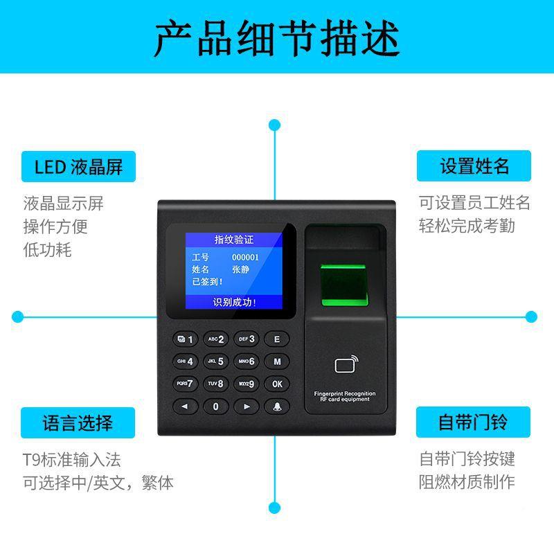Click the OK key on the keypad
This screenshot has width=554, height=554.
tap(277, 383)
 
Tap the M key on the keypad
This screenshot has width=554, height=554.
tap(277, 361)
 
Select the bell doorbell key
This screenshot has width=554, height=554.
tap(277, 406)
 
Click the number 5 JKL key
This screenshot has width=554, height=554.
tap(216, 361)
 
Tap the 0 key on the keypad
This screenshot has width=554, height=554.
tap(216, 406)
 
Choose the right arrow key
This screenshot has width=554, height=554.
tap(247, 406)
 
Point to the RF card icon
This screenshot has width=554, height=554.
tap(346, 364)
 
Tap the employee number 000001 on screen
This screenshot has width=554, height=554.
tap(244, 257)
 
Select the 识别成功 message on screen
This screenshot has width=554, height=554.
tap(234, 302)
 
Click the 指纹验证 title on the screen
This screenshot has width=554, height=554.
tap(234, 240)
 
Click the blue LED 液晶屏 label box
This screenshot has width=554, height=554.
tap(78, 166)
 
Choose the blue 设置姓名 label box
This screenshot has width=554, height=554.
tap(474, 166)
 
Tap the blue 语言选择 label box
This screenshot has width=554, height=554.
tap(78, 422)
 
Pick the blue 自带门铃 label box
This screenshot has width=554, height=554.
tap(474, 422)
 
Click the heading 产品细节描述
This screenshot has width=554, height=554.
tap(277, 38)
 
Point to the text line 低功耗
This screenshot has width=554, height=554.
tap(47, 249)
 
